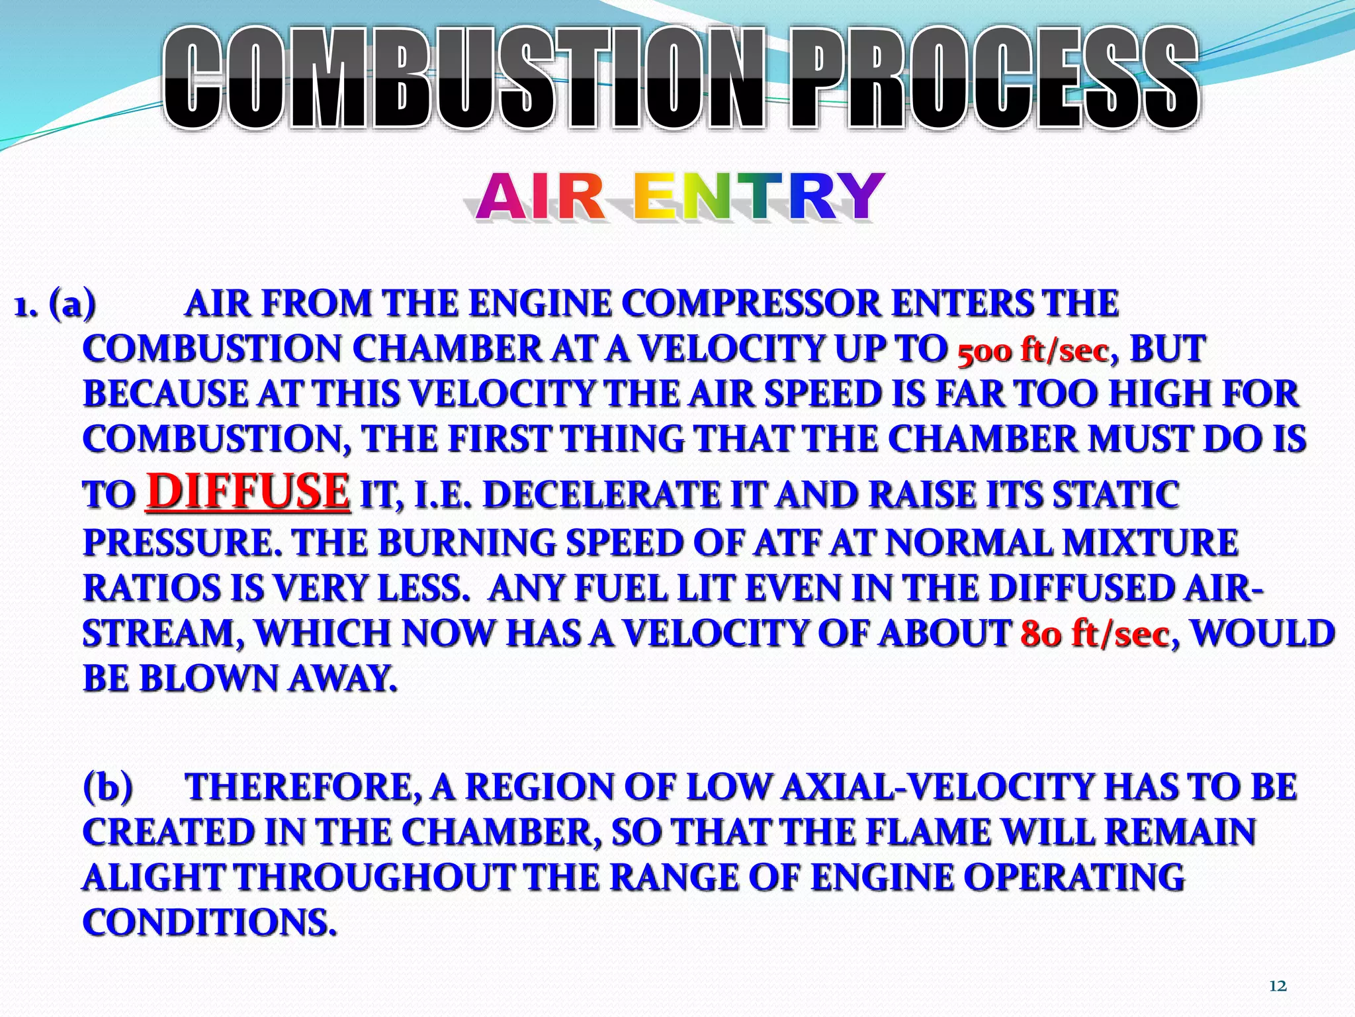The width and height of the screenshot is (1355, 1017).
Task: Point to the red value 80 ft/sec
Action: click(x=1095, y=634)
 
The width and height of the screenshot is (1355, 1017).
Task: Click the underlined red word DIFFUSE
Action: click(x=247, y=492)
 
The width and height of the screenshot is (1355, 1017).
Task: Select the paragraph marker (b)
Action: click(x=108, y=787)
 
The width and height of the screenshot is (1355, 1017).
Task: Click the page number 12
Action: click(x=1278, y=987)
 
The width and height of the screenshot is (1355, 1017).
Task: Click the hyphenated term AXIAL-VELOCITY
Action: click(x=937, y=787)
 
